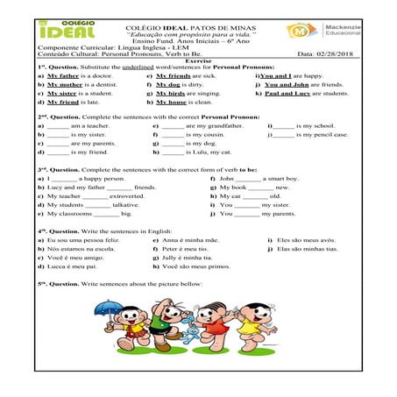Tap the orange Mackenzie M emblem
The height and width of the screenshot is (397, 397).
coord(300,32)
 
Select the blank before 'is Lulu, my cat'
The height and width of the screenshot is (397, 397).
coord(172,152)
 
